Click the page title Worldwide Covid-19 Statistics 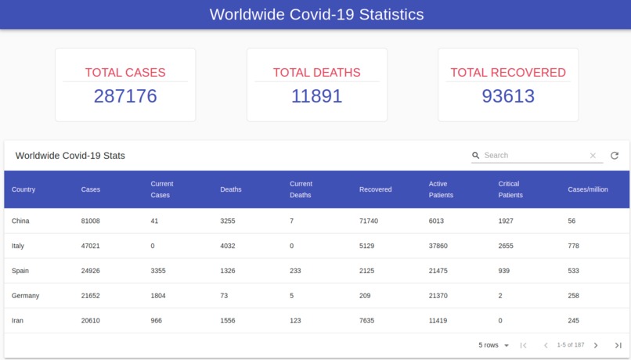[x=316, y=14]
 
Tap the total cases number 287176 [x=125, y=96]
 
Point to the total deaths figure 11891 [x=316, y=96]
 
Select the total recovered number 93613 [x=508, y=96]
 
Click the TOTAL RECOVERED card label [x=508, y=73]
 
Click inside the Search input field [x=534, y=156]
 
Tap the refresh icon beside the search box [x=615, y=156]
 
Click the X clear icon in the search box [x=593, y=156]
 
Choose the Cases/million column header [x=588, y=189]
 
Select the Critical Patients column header [x=509, y=189]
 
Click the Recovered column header [x=376, y=189]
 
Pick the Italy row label [x=18, y=246]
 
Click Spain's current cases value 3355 [x=159, y=271]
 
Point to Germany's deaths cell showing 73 [x=225, y=296]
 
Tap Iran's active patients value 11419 [x=438, y=321]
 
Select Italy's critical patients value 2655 [x=508, y=246]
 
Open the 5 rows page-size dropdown [x=494, y=345]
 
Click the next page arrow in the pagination [x=596, y=345]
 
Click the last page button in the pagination [x=618, y=345]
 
